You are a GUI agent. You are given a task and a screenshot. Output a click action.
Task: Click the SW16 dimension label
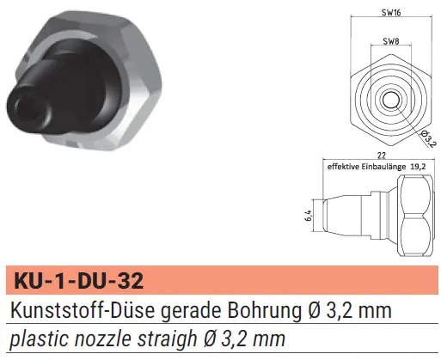point(391,12)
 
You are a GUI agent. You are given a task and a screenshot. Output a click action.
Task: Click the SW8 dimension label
point(391,41)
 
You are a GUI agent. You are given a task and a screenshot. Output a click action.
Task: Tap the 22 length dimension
point(382,156)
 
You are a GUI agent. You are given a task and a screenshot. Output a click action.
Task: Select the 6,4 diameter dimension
point(309,216)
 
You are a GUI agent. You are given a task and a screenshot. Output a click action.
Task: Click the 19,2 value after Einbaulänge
point(418,167)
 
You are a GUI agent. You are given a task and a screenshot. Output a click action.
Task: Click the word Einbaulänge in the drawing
point(383,167)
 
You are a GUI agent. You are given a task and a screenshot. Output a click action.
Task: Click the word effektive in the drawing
point(343,167)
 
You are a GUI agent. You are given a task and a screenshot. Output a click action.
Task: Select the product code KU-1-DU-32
point(79,280)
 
